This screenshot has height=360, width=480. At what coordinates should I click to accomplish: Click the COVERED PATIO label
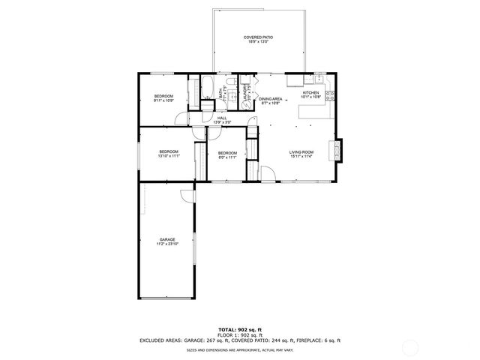258,39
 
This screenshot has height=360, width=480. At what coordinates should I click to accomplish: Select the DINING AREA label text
270,101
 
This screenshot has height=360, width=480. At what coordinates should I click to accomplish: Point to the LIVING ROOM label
301,154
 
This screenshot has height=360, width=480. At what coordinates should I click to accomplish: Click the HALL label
222,119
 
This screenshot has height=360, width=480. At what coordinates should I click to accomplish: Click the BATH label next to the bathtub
221,93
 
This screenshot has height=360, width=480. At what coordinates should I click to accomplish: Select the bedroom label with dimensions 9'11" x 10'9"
163,98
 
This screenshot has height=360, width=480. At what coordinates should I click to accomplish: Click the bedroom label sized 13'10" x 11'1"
169,154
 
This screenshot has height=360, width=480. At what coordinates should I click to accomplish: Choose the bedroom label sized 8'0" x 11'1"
227,155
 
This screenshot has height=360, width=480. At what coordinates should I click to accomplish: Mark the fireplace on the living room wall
340,150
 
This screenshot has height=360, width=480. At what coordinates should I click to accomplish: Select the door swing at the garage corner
187,196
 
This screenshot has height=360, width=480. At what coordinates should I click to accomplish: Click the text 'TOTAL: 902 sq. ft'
239,329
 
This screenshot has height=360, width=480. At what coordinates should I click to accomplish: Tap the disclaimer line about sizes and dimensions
239,349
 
